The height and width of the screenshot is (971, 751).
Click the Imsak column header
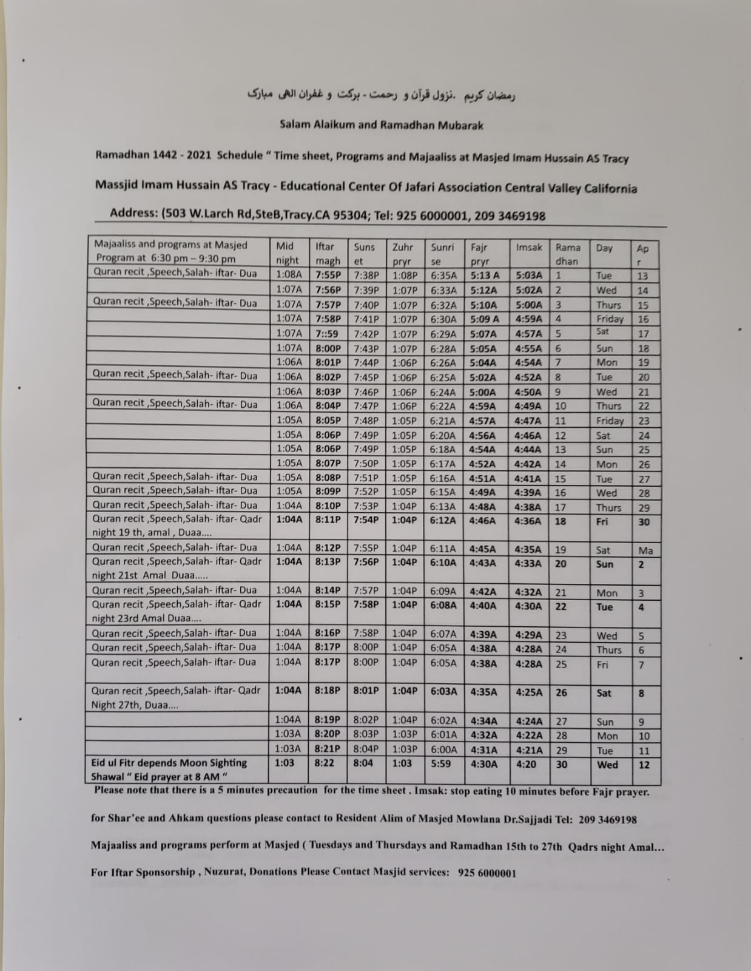pyautogui.click(x=529, y=248)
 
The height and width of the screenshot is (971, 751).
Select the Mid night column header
pyautogui.click(x=287, y=253)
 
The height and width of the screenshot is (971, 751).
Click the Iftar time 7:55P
pyautogui.click(x=328, y=275)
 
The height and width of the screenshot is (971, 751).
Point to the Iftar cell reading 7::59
pyautogui.click(x=326, y=334)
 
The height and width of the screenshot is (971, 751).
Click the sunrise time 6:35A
pyautogui.click(x=443, y=275)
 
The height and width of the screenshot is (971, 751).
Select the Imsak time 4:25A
pyautogui.click(x=528, y=692)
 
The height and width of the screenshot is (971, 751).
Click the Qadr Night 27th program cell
pyautogui.click(x=176, y=698)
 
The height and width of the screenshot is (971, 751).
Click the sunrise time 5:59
pyautogui.click(x=440, y=763)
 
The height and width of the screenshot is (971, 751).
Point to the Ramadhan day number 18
pyautogui.click(x=561, y=521)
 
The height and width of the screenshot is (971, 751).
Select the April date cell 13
pyautogui.click(x=643, y=276)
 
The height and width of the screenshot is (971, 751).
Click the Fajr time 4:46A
pyautogui.click(x=482, y=521)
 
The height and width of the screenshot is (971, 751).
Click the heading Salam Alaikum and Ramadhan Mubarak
pyautogui.click(x=381, y=126)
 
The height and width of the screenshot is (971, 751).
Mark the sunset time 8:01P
pyautogui.click(x=366, y=691)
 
